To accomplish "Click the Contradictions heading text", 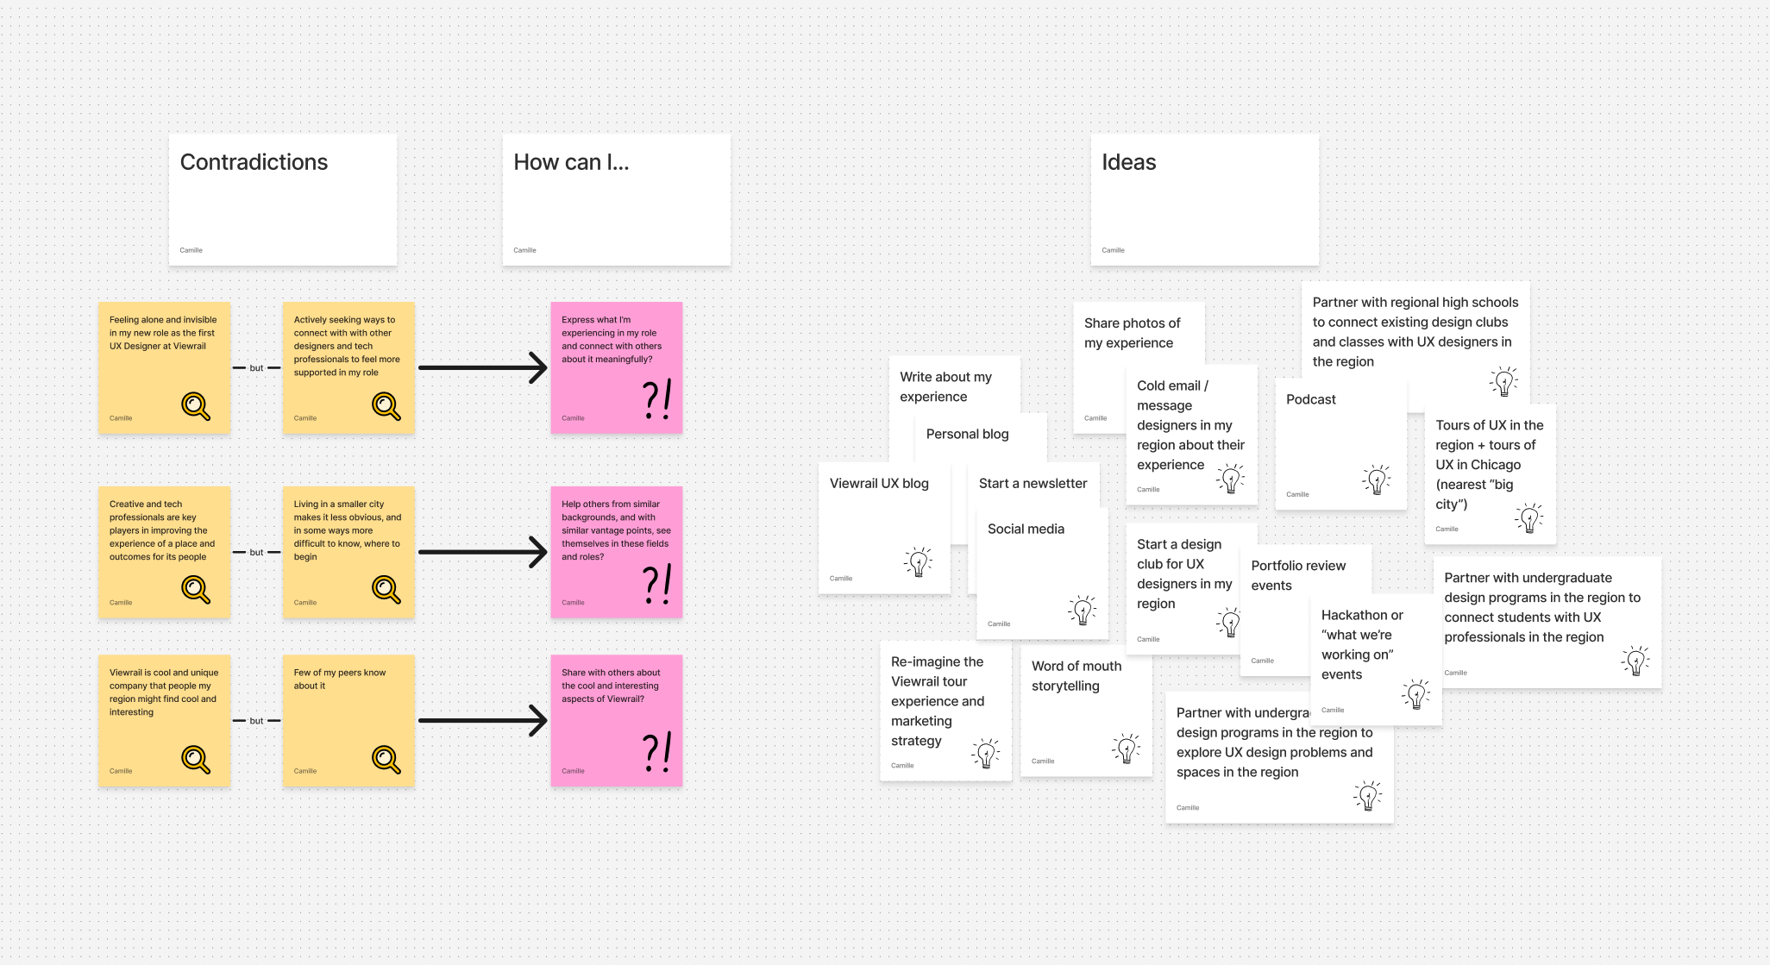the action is tap(254, 162).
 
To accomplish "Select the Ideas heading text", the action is tap(1128, 162).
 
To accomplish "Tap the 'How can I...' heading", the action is tap(571, 162).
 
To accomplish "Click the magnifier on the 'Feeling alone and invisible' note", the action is tap(196, 405).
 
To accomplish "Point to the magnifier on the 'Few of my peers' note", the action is tap(386, 759).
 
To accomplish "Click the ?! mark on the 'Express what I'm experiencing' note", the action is tap(656, 400).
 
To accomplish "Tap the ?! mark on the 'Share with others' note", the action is tap(656, 753).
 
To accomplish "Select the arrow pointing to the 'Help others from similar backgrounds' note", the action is tap(483, 552).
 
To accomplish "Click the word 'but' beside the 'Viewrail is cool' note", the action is tap(256, 721).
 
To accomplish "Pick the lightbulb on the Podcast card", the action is tap(1377, 479).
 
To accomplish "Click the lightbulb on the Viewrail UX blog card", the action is tap(919, 561).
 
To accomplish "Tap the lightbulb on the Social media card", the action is tap(1083, 610).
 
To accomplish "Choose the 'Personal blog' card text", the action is tap(967, 434).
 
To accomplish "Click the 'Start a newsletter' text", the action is tap(1032, 484).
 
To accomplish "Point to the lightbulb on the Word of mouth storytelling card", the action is tap(1127, 749).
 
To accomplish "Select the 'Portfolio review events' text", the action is tap(1297, 575).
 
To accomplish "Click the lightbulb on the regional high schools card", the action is tap(1503, 380).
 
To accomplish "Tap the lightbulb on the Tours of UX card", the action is tap(1529, 517).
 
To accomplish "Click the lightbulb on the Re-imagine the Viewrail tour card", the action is tap(986, 753).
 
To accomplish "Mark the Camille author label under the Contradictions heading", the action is tap(191, 250).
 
